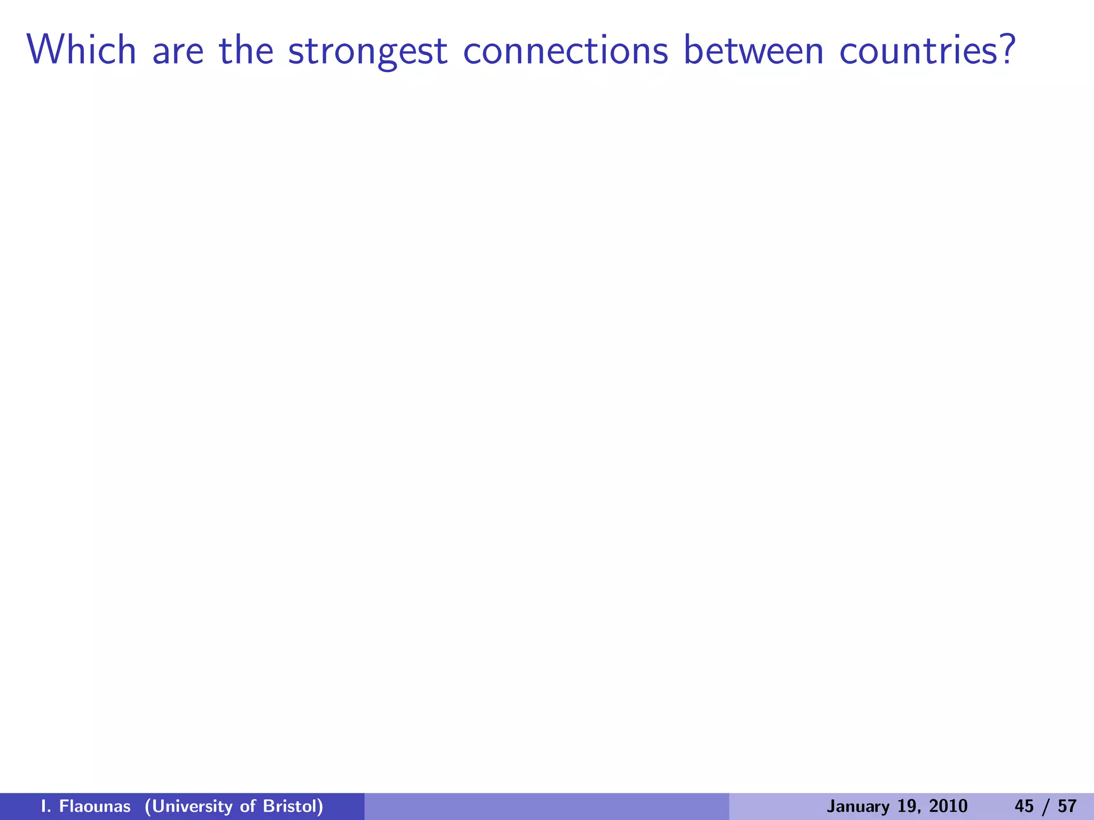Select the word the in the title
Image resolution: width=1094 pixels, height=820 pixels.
click(x=246, y=51)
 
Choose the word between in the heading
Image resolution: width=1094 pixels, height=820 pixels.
click(x=754, y=51)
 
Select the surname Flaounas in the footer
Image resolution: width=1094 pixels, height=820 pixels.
click(x=95, y=806)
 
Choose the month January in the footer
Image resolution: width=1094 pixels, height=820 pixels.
click(x=853, y=806)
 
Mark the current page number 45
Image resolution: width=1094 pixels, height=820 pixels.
click(x=1024, y=806)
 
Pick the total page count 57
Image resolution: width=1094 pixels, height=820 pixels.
click(x=1067, y=806)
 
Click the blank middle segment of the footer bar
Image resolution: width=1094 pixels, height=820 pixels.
click(x=546, y=806)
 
